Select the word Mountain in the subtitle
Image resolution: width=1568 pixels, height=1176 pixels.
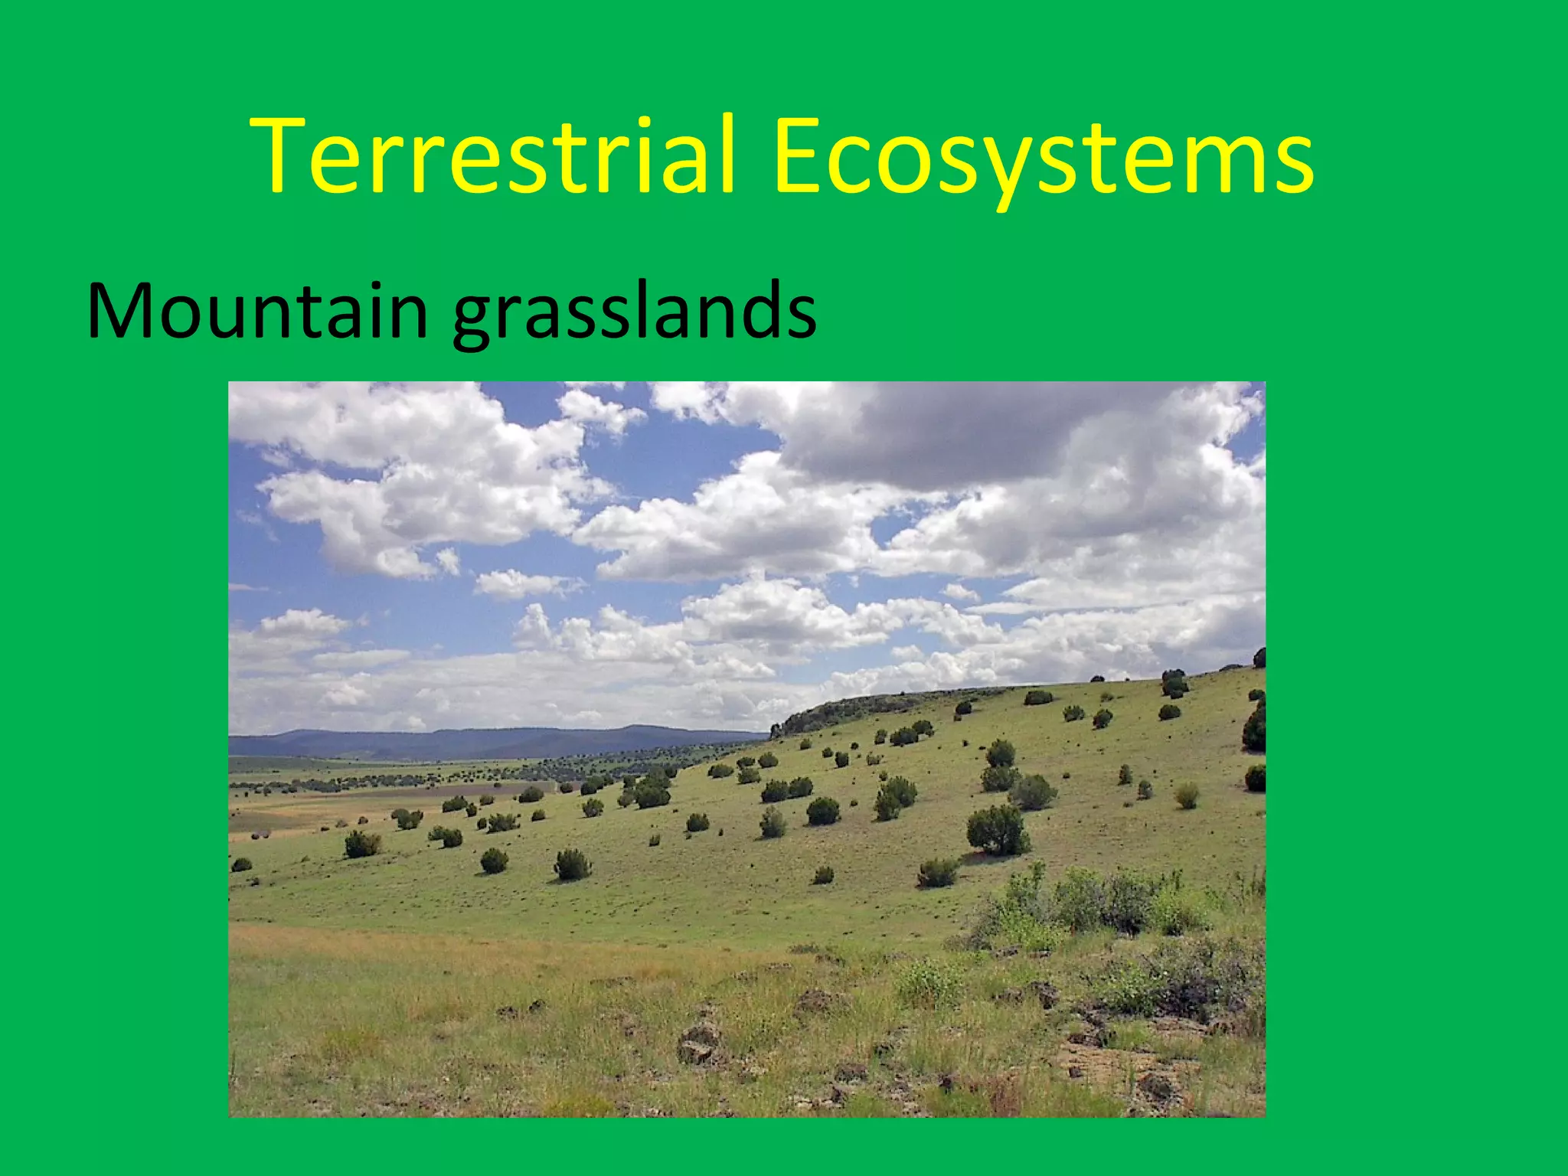257,311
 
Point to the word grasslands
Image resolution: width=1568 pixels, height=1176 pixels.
634,314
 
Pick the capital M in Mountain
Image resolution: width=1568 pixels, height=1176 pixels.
122,311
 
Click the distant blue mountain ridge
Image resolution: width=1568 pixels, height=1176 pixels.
490,741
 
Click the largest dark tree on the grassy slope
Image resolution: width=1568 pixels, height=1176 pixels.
997,830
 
